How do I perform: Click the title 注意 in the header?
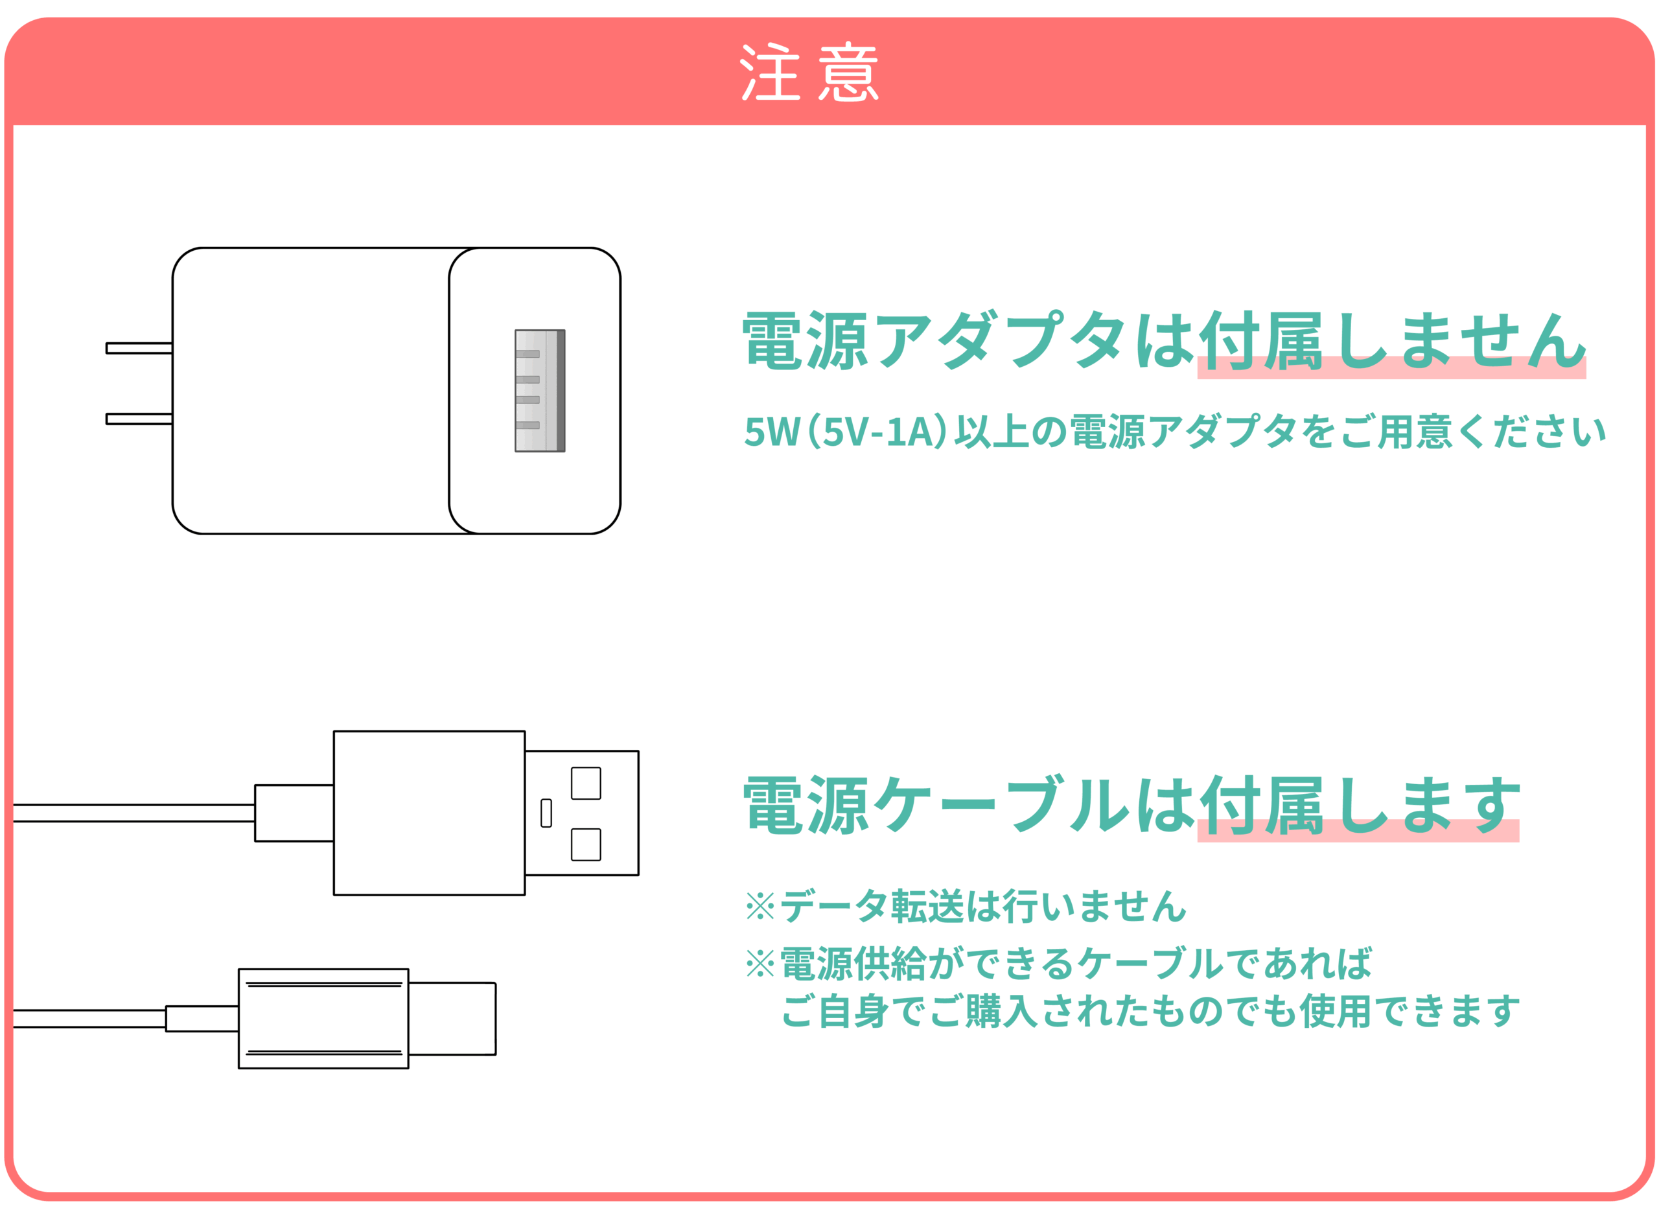click(x=809, y=72)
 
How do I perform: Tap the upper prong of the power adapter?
click(x=139, y=348)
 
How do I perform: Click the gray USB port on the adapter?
click(x=539, y=391)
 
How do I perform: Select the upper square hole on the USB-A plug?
click(x=586, y=784)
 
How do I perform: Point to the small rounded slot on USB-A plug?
click(x=546, y=813)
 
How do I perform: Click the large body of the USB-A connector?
click(x=430, y=813)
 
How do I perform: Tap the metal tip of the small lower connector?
click(x=452, y=1019)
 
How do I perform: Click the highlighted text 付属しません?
click(x=1391, y=342)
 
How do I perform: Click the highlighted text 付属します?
click(x=1358, y=806)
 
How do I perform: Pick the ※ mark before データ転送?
click(x=760, y=907)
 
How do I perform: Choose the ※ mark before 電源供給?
click(x=760, y=964)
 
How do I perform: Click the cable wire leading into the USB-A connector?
click(x=133, y=813)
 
